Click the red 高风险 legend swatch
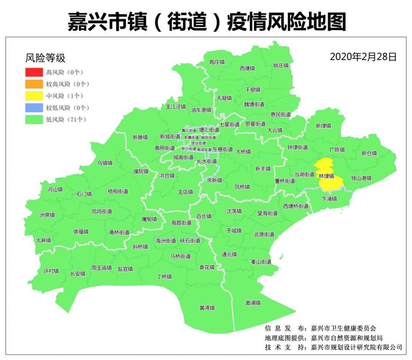34,72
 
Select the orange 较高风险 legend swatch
34,84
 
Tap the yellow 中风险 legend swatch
34,96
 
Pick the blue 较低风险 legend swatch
34,108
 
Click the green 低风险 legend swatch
34,119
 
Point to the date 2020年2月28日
363,57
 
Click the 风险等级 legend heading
45,58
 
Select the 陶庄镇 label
217,62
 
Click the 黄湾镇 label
207,308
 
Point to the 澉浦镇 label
253,303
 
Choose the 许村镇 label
51,271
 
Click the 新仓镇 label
369,153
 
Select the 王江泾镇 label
175,107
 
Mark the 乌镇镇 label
105,163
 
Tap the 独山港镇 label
361,178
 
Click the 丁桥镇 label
164,276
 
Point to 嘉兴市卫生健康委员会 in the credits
343,328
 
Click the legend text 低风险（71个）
66,120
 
